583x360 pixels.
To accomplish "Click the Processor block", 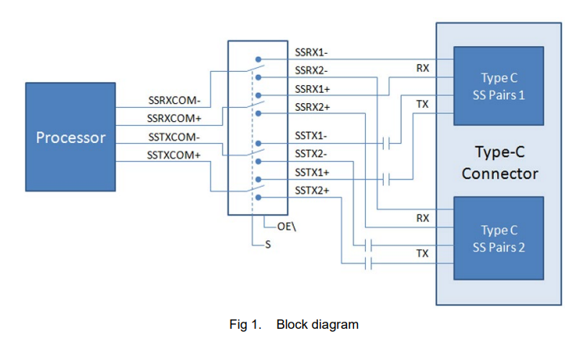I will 70,138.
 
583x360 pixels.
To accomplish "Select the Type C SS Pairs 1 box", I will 499,86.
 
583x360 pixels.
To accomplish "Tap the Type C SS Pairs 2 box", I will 499,237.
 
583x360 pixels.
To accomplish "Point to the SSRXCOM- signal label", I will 173,101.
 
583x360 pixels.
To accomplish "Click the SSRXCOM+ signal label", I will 173,119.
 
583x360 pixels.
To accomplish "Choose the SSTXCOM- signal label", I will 173,137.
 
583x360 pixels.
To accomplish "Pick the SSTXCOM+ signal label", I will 173,155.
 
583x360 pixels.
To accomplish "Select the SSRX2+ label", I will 312,106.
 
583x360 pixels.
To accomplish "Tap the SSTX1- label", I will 311,136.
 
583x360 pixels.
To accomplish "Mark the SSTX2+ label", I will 312,191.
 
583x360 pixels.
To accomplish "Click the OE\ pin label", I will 286,226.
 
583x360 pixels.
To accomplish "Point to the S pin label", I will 268,245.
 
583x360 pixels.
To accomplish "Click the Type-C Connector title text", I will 499,162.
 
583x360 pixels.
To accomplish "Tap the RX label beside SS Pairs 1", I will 422,69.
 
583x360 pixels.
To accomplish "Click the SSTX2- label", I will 311,154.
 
